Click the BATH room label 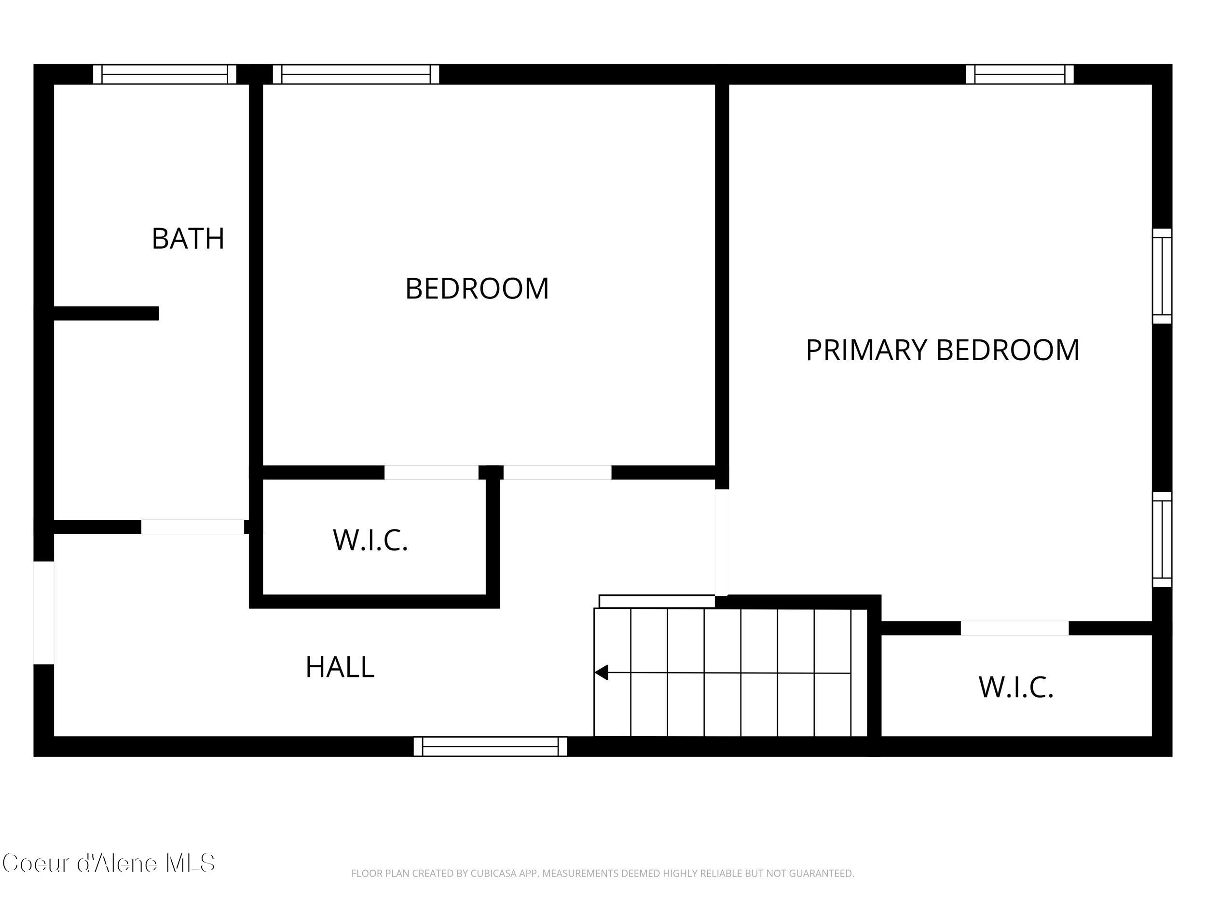coord(188,239)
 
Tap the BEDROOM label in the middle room coord(477,288)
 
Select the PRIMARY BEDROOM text coord(942,350)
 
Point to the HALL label coord(340,667)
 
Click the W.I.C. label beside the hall coord(370,540)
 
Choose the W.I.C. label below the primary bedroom coord(1016,687)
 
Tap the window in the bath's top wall coord(164,74)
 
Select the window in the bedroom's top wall coord(356,74)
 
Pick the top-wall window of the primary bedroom coord(1019,74)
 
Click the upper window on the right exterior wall coord(1162,276)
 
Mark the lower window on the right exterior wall coord(1162,540)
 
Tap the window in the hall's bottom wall coord(490,746)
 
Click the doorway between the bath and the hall coord(192,527)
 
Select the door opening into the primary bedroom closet coord(1014,628)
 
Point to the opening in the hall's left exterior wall coord(43,612)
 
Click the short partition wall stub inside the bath coord(106,313)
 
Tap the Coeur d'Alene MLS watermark coord(109,864)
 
